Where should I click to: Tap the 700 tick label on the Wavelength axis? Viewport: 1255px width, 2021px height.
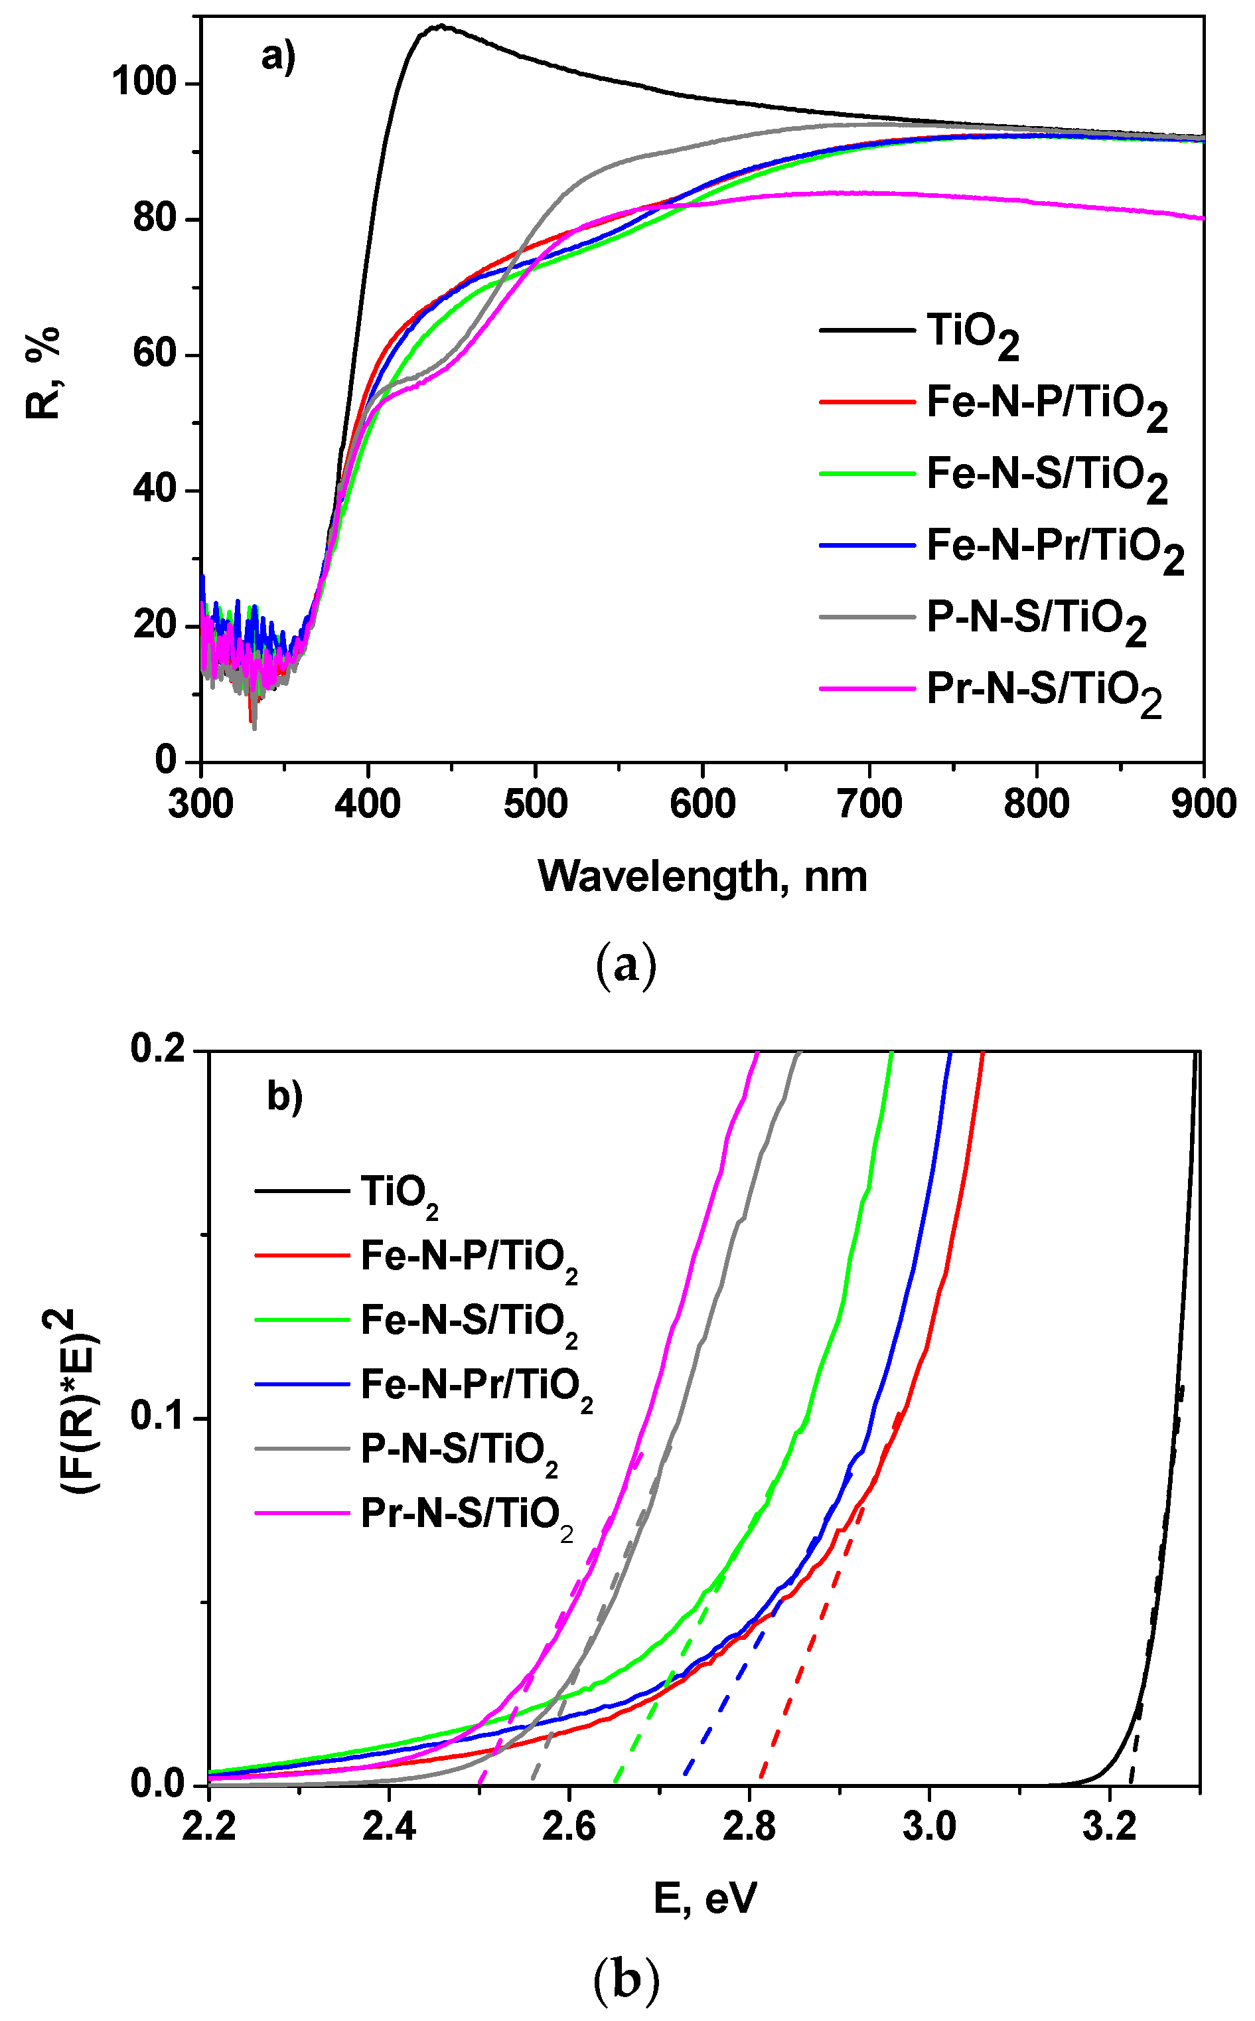click(x=869, y=804)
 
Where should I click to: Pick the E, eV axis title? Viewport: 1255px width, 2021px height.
click(x=705, y=1898)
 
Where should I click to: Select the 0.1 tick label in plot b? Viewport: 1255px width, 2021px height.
click(x=158, y=1417)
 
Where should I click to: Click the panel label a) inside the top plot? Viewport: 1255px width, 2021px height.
click(x=278, y=58)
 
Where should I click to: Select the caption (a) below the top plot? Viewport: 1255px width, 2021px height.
click(x=627, y=965)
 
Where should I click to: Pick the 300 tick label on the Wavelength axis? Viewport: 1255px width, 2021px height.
click(x=201, y=804)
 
